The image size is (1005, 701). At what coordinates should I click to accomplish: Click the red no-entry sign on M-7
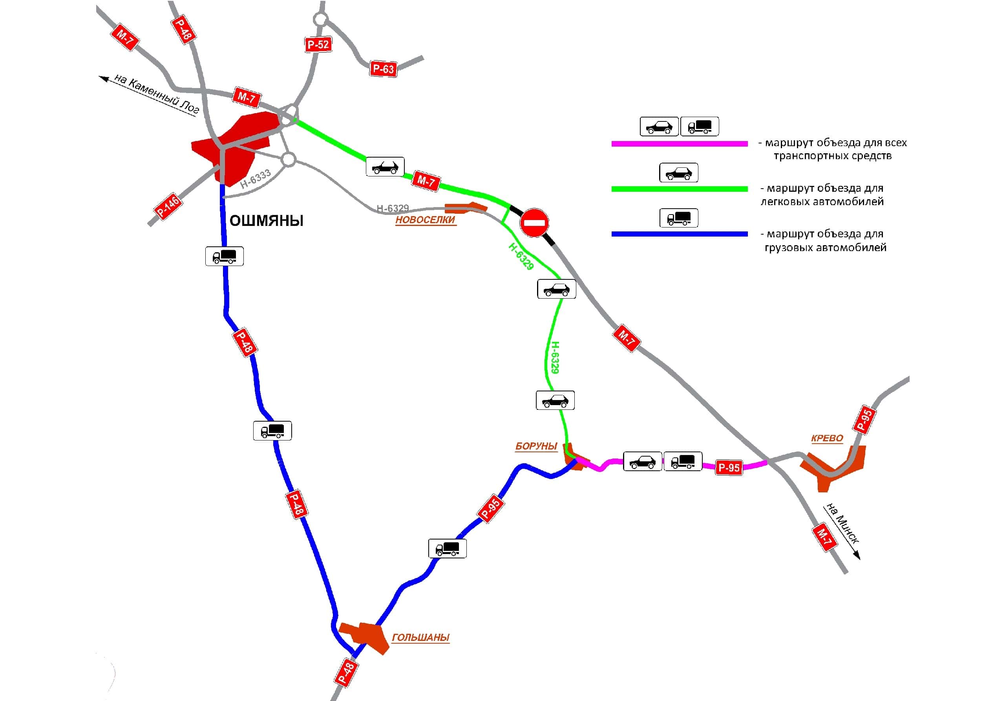[x=534, y=222]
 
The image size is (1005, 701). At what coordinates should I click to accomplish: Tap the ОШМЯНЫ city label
[x=266, y=220]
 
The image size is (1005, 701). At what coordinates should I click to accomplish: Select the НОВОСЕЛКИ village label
[x=425, y=220]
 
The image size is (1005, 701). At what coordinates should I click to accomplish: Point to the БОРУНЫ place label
[x=536, y=446]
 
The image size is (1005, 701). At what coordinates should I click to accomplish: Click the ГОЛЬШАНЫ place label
[x=420, y=637]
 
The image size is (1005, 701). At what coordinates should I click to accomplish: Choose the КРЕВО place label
[x=827, y=438]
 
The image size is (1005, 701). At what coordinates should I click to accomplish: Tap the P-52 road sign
[x=318, y=44]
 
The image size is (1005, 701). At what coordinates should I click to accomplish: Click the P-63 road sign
[x=383, y=69]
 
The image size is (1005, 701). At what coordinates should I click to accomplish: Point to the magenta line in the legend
[x=679, y=144]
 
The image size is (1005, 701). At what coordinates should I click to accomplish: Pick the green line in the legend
[x=679, y=189]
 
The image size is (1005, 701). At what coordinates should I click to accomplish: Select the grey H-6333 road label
[x=256, y=179]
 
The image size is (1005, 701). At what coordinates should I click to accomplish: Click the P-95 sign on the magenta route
[x=729, y=468]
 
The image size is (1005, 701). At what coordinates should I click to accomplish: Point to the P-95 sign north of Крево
[x=864, y=420]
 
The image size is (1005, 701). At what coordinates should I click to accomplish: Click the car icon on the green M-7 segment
[x=385, y=167]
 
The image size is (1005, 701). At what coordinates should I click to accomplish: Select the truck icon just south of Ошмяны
[x=224, y=256]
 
